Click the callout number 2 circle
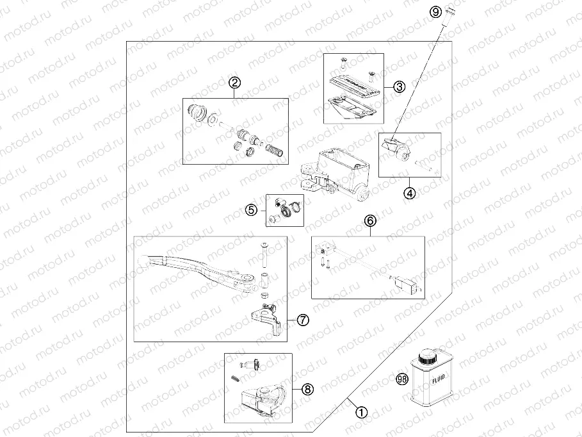235,82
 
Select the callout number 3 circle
399,87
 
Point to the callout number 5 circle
251,210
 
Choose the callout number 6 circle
371,220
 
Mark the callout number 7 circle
303,319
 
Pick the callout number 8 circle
308,388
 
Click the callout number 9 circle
435,12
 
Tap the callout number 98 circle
402,379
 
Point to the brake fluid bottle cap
425,356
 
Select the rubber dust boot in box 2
197,113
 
